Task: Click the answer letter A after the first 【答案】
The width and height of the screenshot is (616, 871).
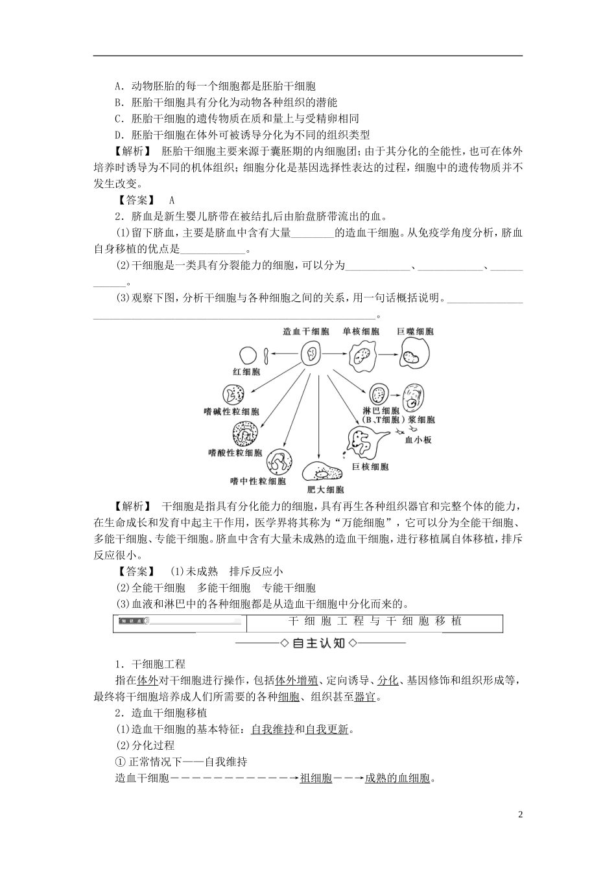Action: tap(172, 200)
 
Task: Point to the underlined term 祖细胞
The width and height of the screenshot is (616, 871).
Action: tap(316, 778)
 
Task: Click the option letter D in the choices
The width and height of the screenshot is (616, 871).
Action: tap(119, 135)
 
